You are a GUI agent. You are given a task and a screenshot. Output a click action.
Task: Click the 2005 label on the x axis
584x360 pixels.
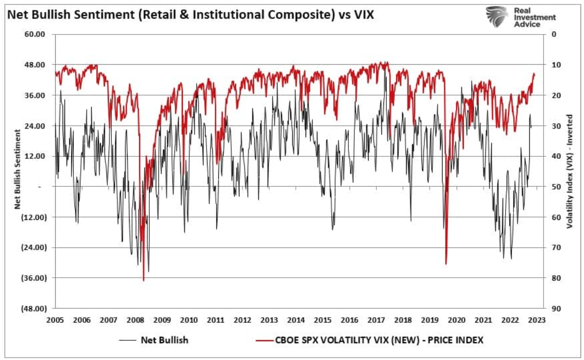pos(55,320)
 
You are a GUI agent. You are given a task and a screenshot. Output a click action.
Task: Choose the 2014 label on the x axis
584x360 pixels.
pos(296,320)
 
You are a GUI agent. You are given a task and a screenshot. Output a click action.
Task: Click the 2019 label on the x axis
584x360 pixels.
pos(429,320)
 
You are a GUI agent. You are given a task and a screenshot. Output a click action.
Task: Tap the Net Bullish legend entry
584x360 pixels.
pos(165,340)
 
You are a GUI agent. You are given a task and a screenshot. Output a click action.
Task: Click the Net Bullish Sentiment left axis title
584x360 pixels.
pos(17,169)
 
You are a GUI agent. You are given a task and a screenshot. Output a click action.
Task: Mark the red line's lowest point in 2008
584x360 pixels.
pos(144,281)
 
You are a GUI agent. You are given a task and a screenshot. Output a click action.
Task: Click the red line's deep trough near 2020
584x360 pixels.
pos(446,264)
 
